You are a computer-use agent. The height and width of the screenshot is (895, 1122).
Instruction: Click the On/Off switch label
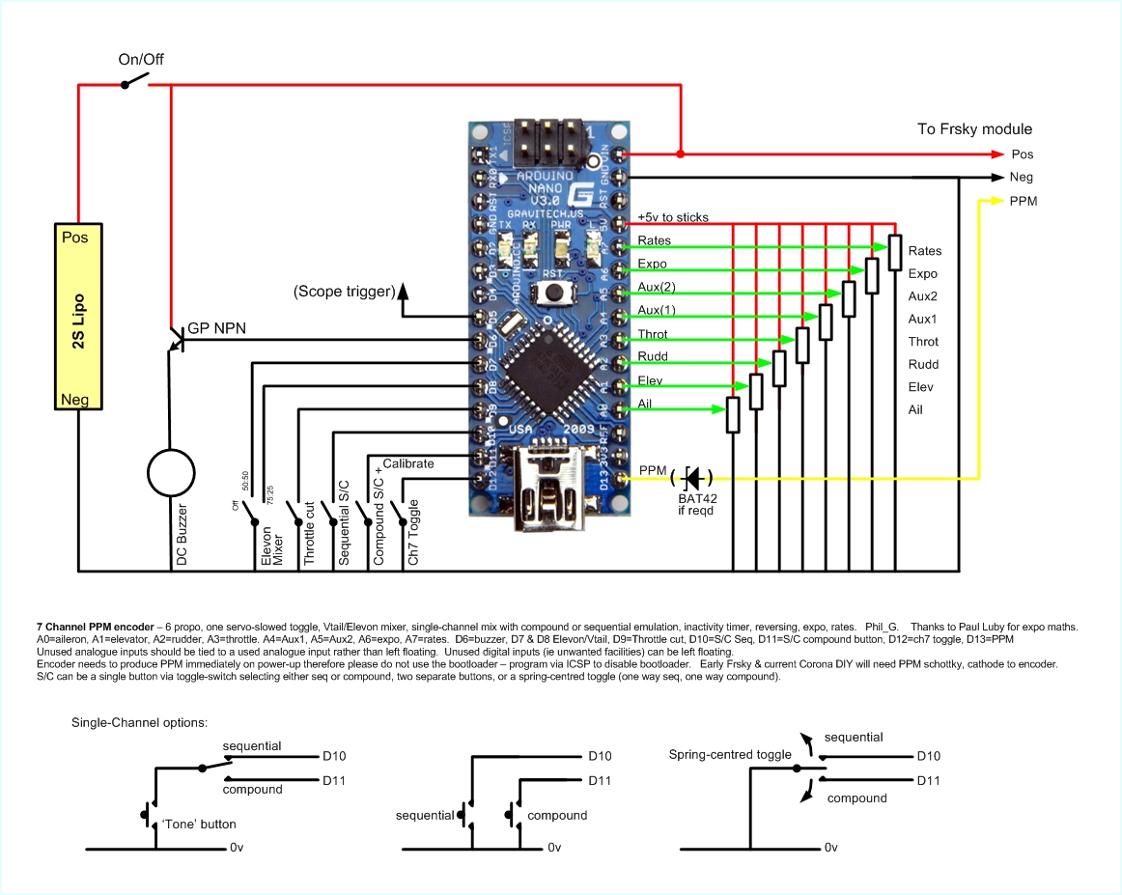[141, 59]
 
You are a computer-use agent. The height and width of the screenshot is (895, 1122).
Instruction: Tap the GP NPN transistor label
[217, 328]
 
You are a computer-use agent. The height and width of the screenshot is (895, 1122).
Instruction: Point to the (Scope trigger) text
[344, 291]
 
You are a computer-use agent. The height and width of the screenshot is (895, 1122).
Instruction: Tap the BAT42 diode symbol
[695, 477]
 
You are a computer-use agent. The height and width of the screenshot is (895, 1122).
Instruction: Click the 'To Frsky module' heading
[974, 129]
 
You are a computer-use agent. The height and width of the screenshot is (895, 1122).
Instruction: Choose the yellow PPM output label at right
[1023, 201]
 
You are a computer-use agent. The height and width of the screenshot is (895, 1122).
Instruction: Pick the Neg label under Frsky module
[1022, 178]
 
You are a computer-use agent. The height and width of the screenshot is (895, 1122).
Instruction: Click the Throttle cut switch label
[310, 534]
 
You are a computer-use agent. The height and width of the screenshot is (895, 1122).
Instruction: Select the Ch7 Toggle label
[413, 533]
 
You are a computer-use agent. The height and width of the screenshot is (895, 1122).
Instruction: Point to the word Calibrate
[408, 463]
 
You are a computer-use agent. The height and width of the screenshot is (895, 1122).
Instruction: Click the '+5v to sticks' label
[673, 217]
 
